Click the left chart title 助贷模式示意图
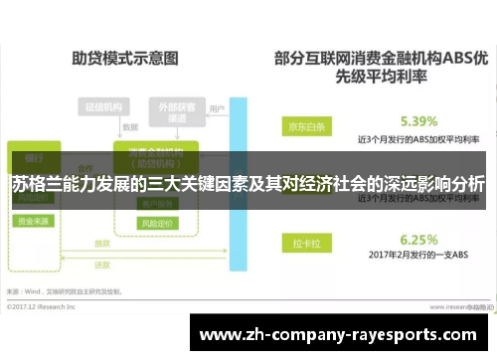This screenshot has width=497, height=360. [x=124, y=60]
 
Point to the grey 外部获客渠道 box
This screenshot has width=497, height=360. [x=171, y=111]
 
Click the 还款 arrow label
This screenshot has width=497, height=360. [x=101, y=266]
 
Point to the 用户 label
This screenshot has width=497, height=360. [x=218, y=108]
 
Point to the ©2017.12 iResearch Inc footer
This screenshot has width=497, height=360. [x=45, y=304]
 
